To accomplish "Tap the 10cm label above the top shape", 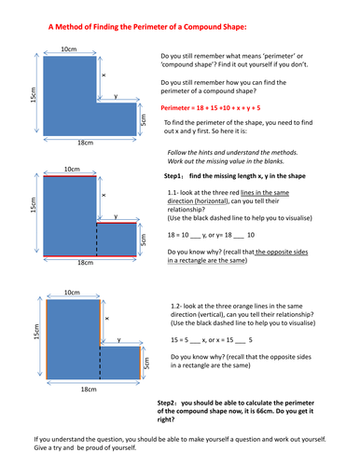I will pos(68,48).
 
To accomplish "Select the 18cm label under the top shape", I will pos(85,141).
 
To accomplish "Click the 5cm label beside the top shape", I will pos(143,119).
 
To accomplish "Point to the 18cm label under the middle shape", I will pos(85,264).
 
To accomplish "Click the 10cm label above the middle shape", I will pos(69,169).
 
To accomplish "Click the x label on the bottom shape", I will pos(106,317).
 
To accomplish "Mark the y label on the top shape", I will pos(115,96).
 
